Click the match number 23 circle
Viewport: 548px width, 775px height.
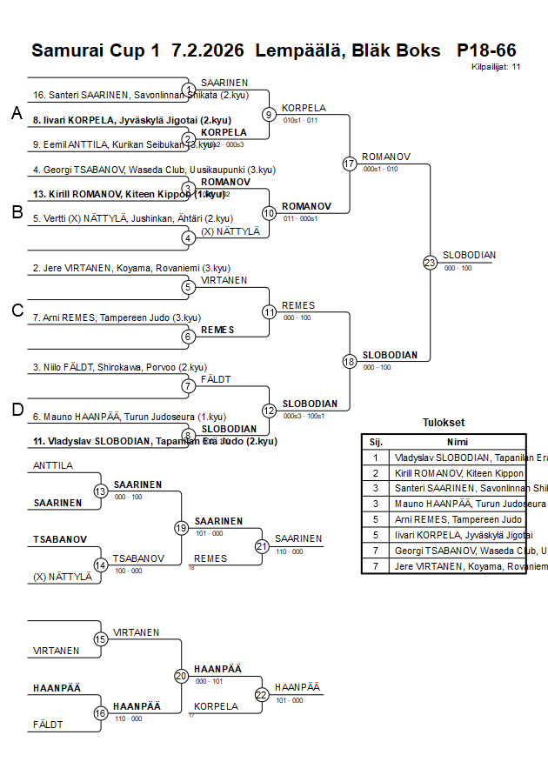coord(430,262)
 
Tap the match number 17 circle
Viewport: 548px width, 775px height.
coord(350,164)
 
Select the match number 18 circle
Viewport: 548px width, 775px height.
coord(350,361)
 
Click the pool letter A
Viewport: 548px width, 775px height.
coord(17,112)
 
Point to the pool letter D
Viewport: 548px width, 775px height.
coord(17,409)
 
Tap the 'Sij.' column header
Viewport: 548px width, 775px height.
coord(376,441)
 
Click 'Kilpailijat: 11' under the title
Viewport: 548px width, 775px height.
coord(496,66)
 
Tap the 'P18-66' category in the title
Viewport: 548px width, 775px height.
coord(486,50)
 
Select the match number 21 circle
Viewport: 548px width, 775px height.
coord(262,546)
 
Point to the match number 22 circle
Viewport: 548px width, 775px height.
coord(262,694)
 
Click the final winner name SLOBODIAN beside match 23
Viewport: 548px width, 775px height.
coord(469,255)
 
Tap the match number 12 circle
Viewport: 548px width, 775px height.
coord(269,410)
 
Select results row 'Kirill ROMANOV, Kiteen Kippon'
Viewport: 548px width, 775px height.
coord(458,473)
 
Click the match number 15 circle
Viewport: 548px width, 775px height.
coord(101,639)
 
